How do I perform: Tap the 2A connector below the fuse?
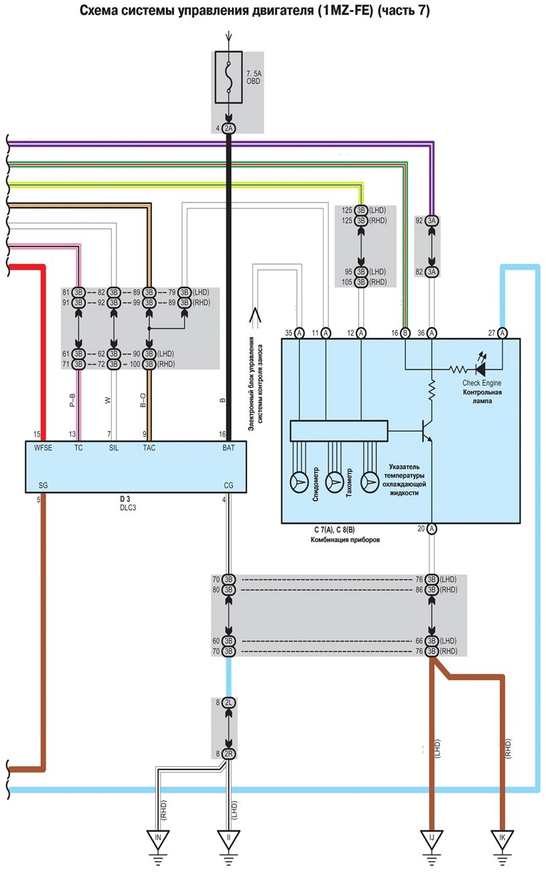point(229,128)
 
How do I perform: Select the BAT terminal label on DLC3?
point(228,448)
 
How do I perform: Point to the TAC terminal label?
point(149,448)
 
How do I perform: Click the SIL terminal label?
point(114,448)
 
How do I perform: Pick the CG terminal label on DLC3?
point(228,485)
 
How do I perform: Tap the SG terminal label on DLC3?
point(44,485)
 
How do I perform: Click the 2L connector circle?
point(229,702)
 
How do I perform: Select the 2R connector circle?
point(229,753)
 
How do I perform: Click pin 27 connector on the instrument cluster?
point(502,332)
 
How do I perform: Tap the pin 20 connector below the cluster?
point(431,529)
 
